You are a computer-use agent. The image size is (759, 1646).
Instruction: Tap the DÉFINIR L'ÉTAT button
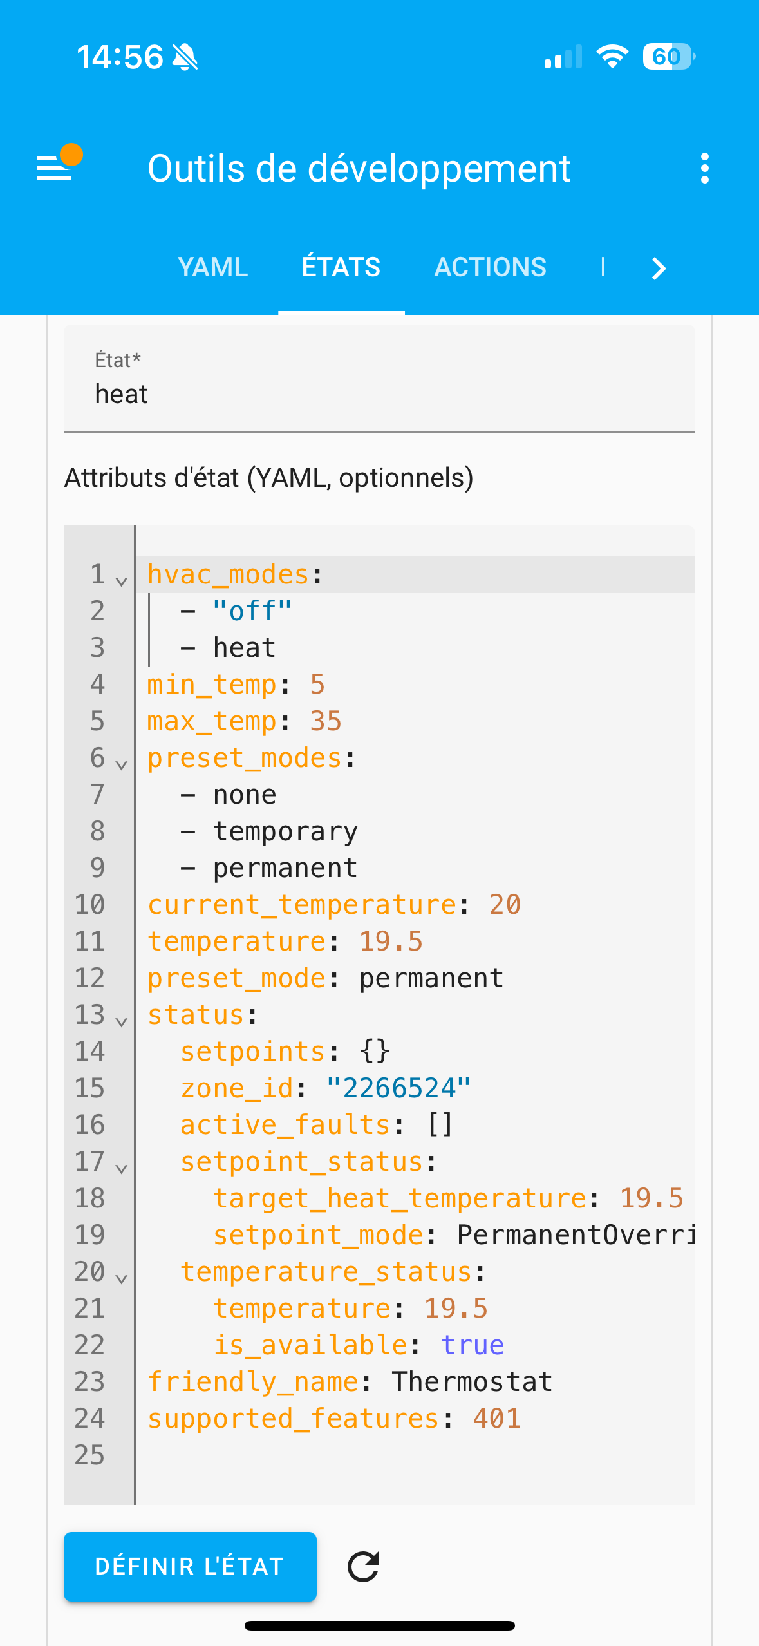coord(190,1566)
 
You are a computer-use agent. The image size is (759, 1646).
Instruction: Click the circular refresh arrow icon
coord(363,1567)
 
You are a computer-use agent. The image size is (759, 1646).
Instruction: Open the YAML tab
coord(212,267)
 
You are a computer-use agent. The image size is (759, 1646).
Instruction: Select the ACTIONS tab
coord(490,267)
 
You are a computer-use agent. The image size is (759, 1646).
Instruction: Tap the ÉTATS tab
coord(341,267)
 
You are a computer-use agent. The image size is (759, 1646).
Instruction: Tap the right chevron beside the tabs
coord(658,268)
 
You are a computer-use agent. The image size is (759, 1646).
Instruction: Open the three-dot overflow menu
coord(705,169)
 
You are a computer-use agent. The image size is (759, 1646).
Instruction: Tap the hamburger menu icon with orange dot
coord(55,167)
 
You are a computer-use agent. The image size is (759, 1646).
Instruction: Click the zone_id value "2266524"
coord(398,1088)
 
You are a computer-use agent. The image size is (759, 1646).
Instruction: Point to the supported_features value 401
coord(496,1419)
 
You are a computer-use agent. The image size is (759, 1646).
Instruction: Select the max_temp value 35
coord(326,721)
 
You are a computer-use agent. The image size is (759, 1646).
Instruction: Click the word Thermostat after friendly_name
coord(473,1382)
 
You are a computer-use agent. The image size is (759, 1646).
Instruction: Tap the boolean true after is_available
coord(473,1345)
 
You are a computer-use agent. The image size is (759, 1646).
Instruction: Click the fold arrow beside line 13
coord(121,1022)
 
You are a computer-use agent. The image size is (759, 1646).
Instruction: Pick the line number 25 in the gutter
coord(89,1455)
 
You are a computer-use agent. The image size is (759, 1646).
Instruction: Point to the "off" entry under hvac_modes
coord(252,611)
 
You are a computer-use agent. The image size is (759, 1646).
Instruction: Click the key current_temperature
coord(301,905)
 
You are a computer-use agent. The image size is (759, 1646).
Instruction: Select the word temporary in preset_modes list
coord(285,831)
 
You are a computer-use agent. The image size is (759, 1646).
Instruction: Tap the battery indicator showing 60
coord(668,57)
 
